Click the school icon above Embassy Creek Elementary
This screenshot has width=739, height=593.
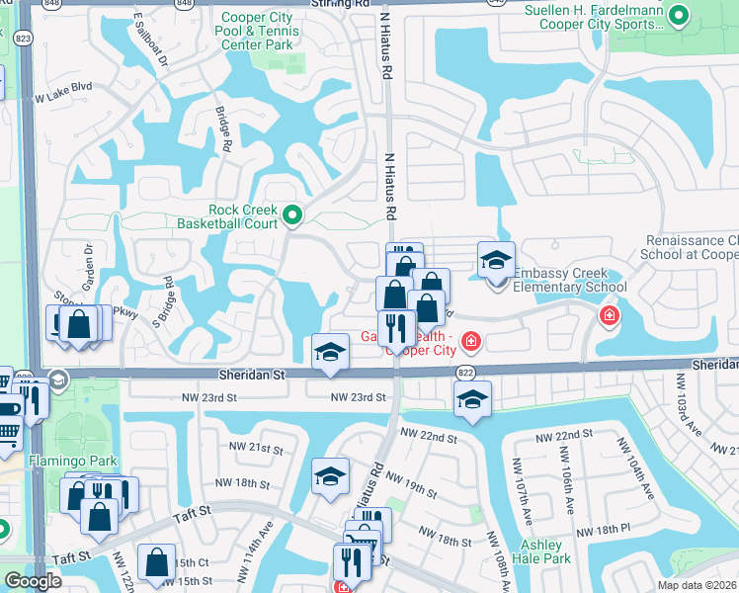click(496, 261)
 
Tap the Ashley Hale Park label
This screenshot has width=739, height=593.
click(543, 552)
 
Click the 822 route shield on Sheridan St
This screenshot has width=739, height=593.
click(466, 372)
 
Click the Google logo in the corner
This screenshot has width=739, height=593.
click(33, 581)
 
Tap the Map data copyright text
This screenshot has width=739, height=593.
click(698, 585)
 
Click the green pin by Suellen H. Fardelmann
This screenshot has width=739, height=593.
click(678, 15)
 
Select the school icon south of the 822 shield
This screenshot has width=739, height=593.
click(472, 400)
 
